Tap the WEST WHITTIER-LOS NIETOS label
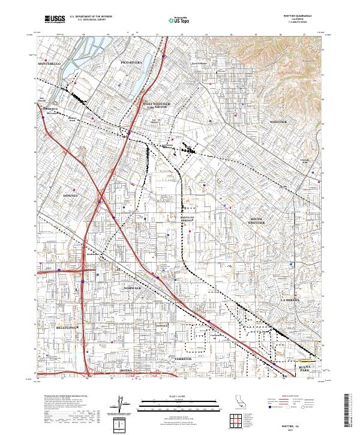point(157,105)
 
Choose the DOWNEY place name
point(71,196)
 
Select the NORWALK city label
point(132,289)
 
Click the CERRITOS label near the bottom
point(182,358)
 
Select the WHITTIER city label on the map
point(280,121)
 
